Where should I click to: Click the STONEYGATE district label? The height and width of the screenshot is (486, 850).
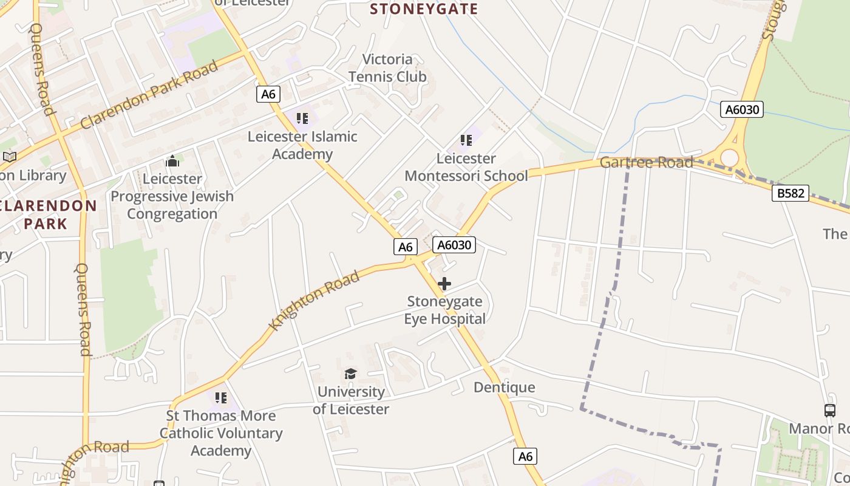coord(424,9)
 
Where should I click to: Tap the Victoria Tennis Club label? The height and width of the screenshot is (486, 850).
coord(387,68)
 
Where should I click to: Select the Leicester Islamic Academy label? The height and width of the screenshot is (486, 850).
coord(302,145)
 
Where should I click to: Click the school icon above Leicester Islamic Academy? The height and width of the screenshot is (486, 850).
coord(302,117)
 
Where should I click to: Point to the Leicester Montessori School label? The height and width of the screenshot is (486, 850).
coord(466,167)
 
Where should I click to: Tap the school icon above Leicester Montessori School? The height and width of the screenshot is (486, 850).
coord(466,140)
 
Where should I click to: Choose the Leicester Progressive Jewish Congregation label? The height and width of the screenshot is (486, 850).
coord(172,196)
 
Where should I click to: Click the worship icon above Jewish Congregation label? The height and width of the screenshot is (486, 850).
coord(172,161)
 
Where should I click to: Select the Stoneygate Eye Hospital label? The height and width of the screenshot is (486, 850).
coord(445,310)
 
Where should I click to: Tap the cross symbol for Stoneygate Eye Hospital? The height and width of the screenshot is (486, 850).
coord(444,284)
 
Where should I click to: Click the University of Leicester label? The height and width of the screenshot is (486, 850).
coord(351,400)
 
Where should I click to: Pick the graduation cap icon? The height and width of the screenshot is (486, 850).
coord(350,374)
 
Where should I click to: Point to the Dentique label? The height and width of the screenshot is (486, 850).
coord(505,388)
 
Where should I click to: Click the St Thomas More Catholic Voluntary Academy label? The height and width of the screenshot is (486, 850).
coord(221,433)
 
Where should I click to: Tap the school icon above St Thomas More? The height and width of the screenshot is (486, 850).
coord(221,398)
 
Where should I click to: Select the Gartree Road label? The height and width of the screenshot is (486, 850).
coord(647,162)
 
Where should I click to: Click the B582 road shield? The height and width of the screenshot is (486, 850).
coord(790,193)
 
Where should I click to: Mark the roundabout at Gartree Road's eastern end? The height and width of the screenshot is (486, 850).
coord(729,157)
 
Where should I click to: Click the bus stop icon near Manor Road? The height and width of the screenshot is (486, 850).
coord(830,410)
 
